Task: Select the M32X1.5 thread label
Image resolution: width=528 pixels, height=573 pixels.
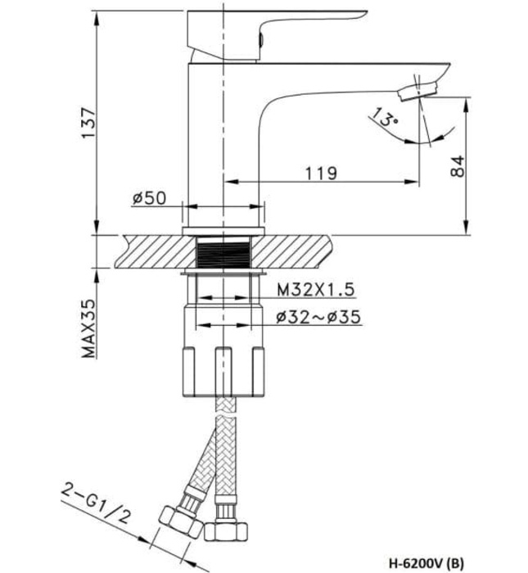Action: click(x=313, y=289)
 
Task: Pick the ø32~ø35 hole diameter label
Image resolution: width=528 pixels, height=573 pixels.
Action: click(x=318, y=316)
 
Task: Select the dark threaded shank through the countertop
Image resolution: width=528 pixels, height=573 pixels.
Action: click(x=224, y=252)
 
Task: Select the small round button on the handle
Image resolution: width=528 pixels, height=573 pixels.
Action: click(x=261, y=38)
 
